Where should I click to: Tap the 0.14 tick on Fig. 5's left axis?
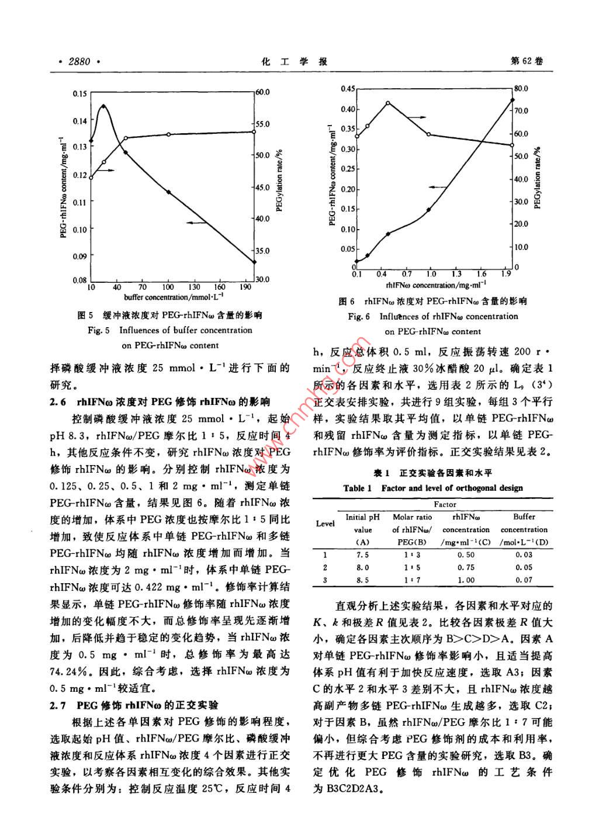click(x=79, y=120)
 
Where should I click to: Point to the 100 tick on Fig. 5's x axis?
click(x=168, y=287)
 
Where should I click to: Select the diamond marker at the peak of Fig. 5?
click(x=103, y=106)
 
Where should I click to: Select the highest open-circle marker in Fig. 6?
click(x=388, y=103)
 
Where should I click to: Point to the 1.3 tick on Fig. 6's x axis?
click(x=456, y=273)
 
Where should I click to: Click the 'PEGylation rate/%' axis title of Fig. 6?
click(x=537, y=178)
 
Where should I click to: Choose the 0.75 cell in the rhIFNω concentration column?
click(x=466, y=567)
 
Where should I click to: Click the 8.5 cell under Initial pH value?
click(x=362, y=580)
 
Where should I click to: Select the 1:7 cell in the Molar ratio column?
click(x=412, y=580)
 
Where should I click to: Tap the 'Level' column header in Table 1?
click(x=325, y=524)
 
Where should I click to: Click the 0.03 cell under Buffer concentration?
click(x=524, y=554)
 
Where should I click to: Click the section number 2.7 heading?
click(x=58, y=705)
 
